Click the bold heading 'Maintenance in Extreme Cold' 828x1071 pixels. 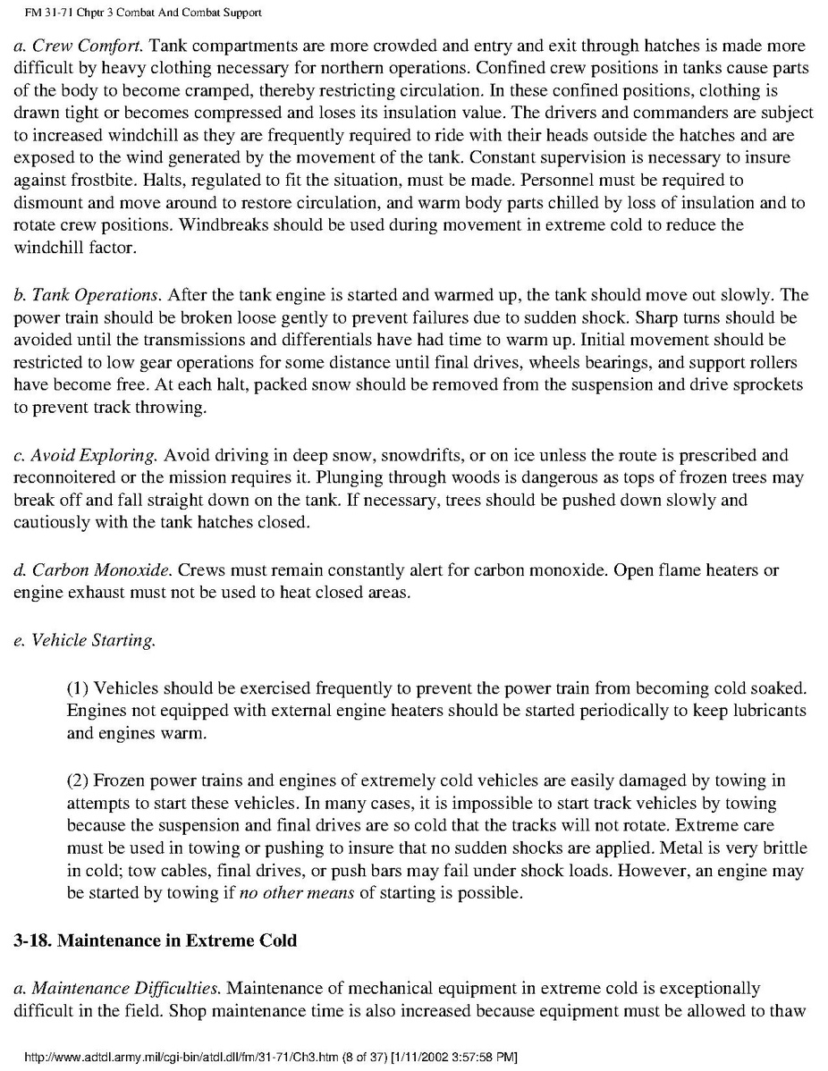point(155,940)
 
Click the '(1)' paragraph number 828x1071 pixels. point(78,687)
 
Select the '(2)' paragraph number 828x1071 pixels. point(78,780)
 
